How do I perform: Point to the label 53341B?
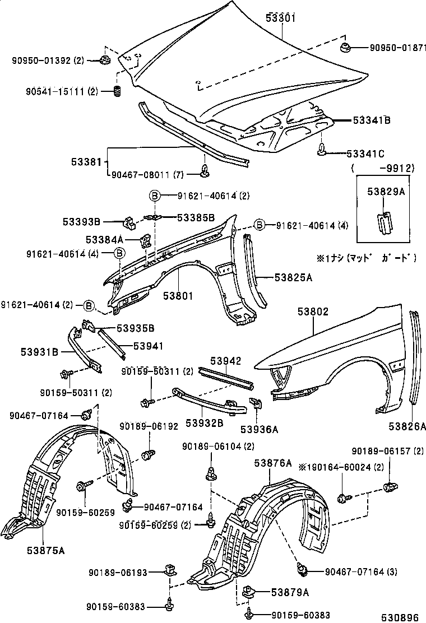pyautogui.click(x=372, y=120)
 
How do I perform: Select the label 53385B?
pyautogui.click(x=196, y=217)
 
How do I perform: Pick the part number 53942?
pyautogui.click(x=226, y=361)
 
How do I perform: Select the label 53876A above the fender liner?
pyautogui.click(x=273, y=463)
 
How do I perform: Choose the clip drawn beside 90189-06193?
pyautogui.click(x=169, y=571)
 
